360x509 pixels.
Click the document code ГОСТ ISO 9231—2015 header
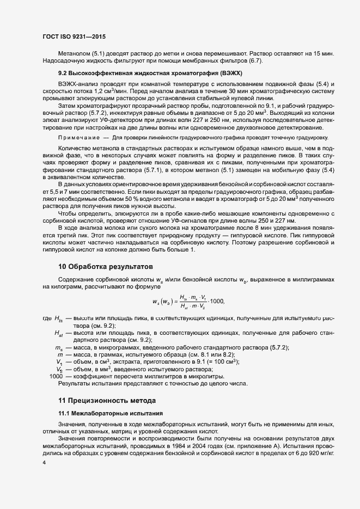click(74, 36)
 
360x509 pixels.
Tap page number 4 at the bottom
click(44, 462)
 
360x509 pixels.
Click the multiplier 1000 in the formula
click(217, 301)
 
